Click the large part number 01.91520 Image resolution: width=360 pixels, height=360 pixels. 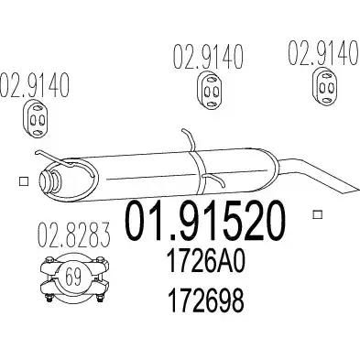205,221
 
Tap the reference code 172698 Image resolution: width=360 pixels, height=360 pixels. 206,300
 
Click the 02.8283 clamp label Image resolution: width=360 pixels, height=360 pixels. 73,235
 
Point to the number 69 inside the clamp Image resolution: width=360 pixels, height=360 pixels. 73,276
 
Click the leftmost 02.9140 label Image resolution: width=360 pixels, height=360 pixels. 35,85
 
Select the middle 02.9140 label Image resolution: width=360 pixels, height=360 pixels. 208,57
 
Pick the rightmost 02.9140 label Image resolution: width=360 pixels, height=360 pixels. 323,54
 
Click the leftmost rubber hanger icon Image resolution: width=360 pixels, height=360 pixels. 37,118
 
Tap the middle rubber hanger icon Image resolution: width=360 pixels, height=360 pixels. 209,91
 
